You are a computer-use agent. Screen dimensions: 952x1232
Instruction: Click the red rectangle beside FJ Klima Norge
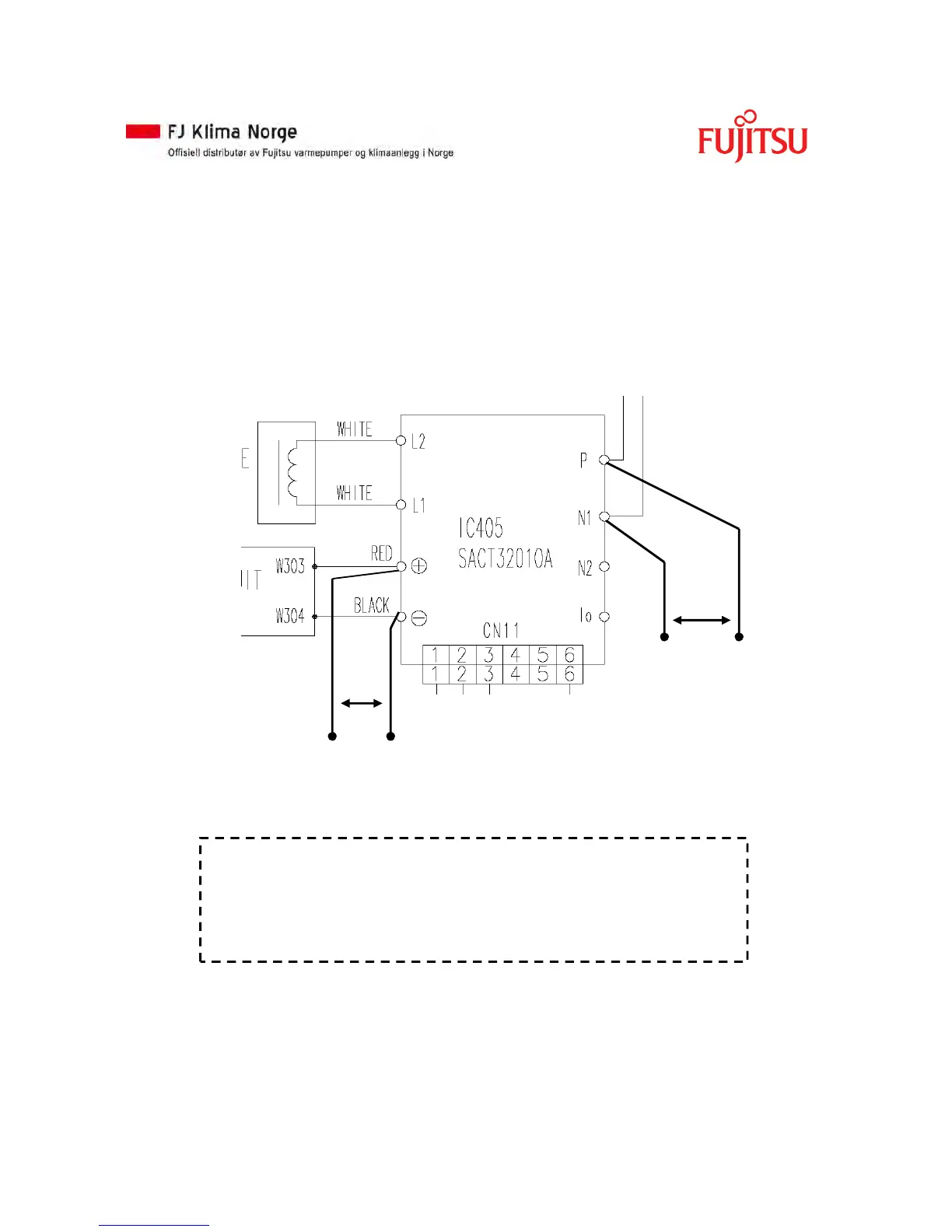point(143,131)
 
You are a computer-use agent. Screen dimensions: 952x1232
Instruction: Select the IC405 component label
point(481,529)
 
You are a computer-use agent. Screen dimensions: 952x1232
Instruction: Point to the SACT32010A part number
point(505,558)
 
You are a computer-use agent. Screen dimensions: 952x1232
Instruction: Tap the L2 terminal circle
point(401,441)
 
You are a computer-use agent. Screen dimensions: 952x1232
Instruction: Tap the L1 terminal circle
point(401,505)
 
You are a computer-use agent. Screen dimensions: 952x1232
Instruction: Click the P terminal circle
point(604,460)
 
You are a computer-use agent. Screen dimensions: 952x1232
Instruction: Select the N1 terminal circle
point(604,516)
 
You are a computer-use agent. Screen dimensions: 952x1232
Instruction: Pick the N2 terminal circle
point(604,566)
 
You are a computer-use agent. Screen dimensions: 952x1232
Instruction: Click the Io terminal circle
point(604,616)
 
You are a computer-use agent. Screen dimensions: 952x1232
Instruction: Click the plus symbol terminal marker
point(418,566)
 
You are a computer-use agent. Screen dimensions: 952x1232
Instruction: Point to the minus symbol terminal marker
point(418,618)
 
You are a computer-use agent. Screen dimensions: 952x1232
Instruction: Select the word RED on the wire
point(381,553)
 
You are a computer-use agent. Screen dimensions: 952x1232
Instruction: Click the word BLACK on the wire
point(371,605)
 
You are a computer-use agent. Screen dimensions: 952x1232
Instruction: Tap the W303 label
point(290,566)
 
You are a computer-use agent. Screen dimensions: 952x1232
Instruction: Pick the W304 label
point(290,616)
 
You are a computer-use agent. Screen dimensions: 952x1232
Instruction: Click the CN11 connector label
point(501,630)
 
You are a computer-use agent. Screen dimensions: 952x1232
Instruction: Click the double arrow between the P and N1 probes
point(702,620)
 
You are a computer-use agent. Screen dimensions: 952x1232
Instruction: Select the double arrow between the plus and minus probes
point(362,703)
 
